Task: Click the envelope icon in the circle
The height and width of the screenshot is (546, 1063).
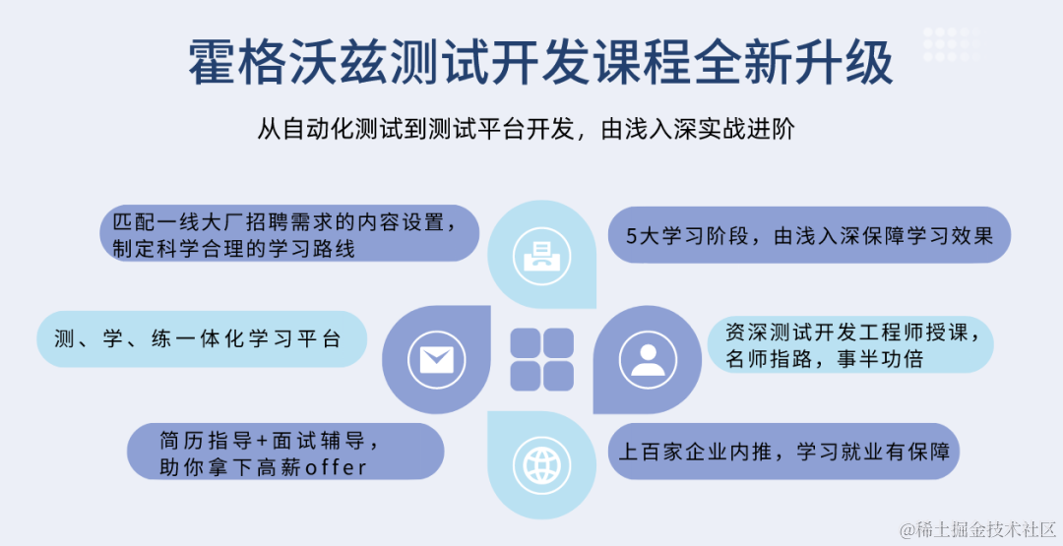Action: click(437, 360)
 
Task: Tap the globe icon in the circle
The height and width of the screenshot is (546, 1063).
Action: click(541, 465)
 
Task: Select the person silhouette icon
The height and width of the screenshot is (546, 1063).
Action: click(648, 360)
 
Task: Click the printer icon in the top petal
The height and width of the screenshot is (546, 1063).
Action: click(541, 256)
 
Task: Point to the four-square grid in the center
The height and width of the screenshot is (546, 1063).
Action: click(541, 360)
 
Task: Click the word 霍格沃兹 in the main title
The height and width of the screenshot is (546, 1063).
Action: click(288, 62)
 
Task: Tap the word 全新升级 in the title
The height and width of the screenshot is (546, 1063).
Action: click(792, 62)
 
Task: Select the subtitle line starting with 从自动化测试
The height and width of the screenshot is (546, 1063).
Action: click(526, 129)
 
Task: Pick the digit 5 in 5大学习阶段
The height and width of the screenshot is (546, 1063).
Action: click(632, 236)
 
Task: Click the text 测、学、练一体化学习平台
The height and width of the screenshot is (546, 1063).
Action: click(197, 338)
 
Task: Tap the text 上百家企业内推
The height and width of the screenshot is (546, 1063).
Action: click(696, 452)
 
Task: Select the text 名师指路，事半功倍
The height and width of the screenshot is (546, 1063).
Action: click(824, 358)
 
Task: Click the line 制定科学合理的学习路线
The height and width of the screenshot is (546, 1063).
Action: click(234, 248)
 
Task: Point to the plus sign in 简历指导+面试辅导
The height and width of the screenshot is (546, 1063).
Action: click(263, 441)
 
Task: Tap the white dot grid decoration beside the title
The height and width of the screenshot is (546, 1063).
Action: click(952, 44)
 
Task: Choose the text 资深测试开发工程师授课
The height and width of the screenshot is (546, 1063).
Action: click(851, 332)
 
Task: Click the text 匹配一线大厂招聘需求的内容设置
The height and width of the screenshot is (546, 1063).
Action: click(283, 222)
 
